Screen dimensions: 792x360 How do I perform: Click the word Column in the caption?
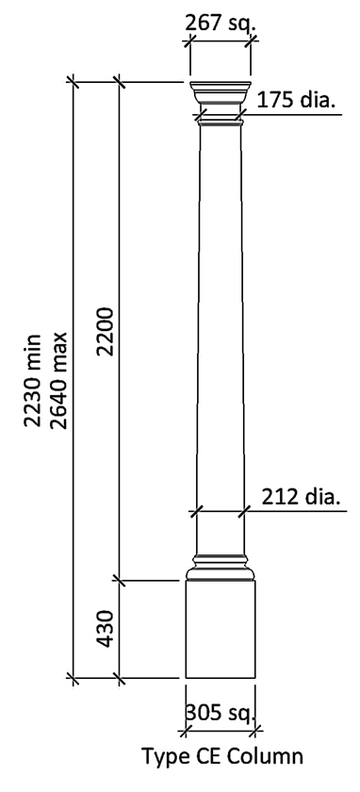tap(268, 756)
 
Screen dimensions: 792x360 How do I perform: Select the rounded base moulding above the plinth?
tap(220, 569)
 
